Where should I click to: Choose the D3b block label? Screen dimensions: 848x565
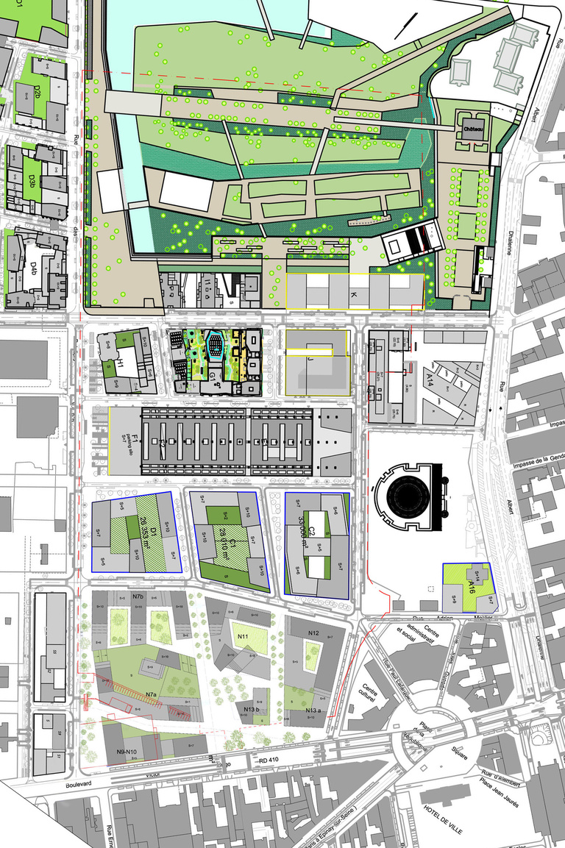pos(32,179)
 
